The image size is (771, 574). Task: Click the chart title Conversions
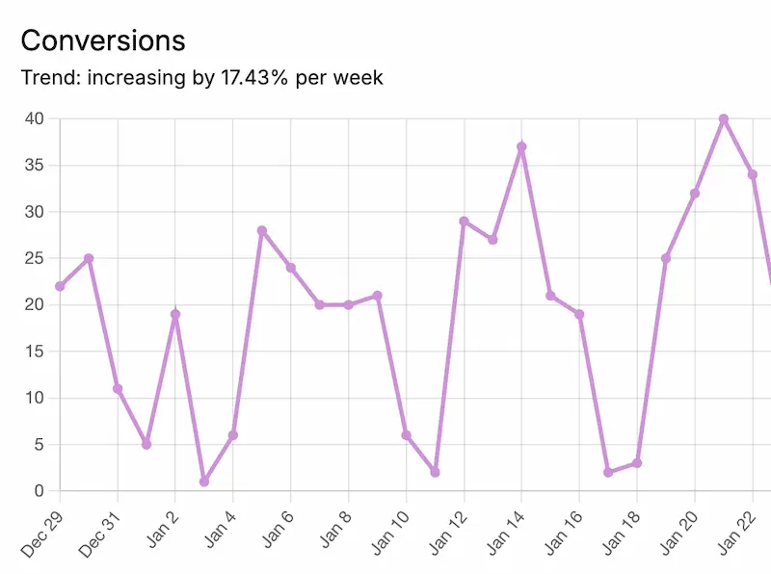103,40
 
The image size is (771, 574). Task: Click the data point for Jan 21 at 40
724,118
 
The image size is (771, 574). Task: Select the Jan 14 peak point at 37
521,147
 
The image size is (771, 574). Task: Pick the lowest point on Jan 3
204,482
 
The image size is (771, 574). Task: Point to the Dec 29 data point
60,286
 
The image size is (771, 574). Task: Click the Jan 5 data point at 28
261,230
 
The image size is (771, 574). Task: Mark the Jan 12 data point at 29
464,222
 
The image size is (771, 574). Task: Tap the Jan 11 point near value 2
435,472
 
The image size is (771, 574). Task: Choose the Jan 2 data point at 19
175,314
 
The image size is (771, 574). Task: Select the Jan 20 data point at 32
695,194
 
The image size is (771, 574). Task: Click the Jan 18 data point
637,463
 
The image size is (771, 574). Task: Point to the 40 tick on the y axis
35,118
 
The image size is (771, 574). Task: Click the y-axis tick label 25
35,258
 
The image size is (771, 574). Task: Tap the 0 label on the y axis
40,491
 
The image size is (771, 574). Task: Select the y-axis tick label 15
35,352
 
